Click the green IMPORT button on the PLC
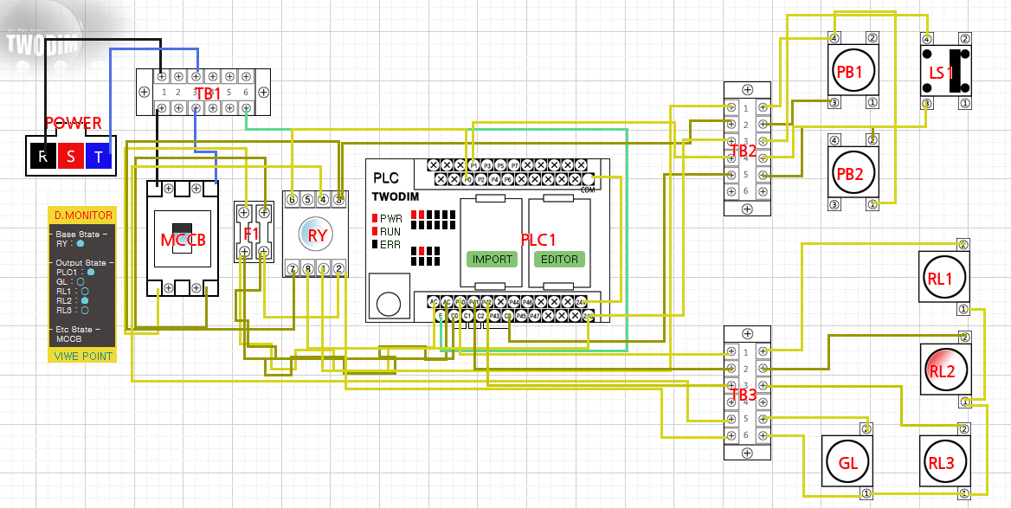493,259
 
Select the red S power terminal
71,157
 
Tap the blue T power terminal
99,157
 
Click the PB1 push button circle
848,72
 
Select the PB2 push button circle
848,172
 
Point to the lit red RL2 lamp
941,370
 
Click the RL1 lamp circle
941,278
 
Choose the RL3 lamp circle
941,462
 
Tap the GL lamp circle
847,462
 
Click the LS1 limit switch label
941,73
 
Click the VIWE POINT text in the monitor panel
81,356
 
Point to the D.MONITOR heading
81,215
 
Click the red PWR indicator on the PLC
375,218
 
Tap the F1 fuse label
252,233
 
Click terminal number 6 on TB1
246,92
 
